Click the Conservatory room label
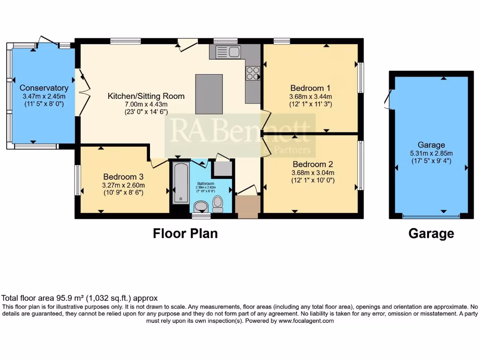click(x=44, y=88)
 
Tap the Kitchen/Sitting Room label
click(x=146, y=96)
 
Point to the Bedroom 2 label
click(x=313, y=165)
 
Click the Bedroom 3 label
click(x=123, y=177)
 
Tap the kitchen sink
click(x=227, y=52)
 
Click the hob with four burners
click(x=253, y=74)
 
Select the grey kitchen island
click(x=209, y=94)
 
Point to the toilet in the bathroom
click(x=218, y=202)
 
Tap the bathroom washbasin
click(x=201, y=206)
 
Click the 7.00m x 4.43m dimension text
click(x=146, y=104)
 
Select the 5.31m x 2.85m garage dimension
click(x=431, y=153)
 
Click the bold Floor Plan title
click(x=185, y=233)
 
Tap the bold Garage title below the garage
click(x=431, y=233)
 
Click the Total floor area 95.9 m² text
click(x=80, y=298)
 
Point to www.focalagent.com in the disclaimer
click(x=306, y=321)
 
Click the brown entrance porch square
click(x=247, y=207)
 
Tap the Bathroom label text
click(x=205, y=183)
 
